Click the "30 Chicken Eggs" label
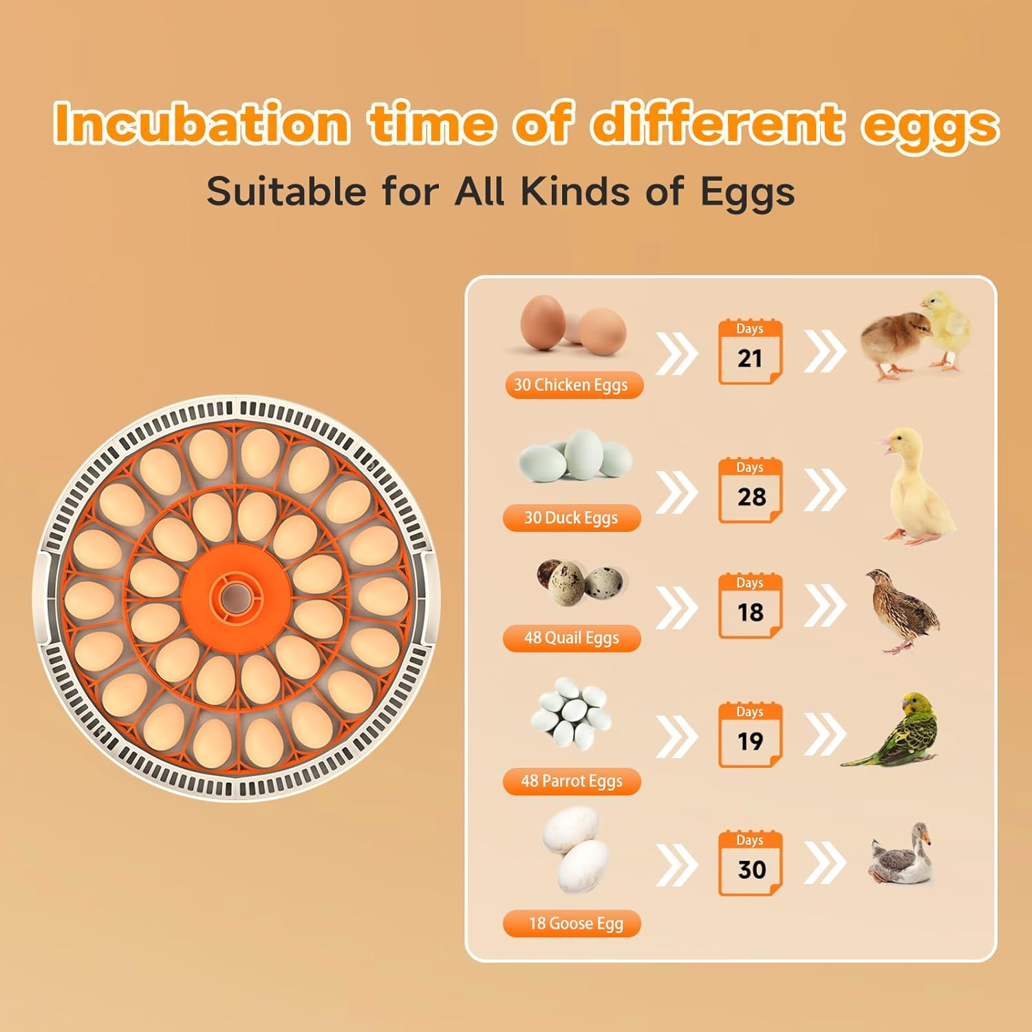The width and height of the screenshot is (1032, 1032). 573,385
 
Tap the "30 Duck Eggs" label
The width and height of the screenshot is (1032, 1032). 572,517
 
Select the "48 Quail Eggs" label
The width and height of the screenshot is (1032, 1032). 572,638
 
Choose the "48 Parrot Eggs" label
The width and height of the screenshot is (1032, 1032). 572,781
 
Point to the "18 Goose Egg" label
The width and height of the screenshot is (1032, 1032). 572,923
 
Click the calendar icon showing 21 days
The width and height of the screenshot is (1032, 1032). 750,352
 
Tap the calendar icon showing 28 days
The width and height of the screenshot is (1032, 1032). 750,490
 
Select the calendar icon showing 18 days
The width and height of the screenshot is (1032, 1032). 750,605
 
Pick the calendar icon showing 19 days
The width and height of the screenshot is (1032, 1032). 750,734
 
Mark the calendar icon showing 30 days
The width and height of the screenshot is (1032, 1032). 750,863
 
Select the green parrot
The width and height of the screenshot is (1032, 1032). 901,733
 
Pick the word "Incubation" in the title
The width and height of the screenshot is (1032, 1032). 202,124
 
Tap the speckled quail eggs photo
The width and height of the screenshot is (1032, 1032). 579,583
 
